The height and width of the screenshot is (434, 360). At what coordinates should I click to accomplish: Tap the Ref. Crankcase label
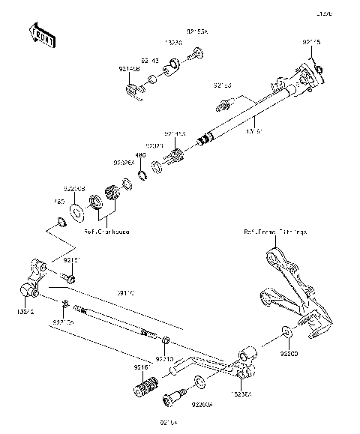coord(106,232)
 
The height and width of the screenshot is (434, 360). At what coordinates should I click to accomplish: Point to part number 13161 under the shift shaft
coord(256,130)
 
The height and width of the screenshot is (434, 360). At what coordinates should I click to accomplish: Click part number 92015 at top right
coord(310,43)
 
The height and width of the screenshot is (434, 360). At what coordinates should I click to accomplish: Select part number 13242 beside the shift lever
coord(25,309)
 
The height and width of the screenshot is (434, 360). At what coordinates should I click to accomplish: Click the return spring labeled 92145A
coord(178,156)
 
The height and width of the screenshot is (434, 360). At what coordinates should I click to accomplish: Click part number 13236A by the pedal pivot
coord(241,390)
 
